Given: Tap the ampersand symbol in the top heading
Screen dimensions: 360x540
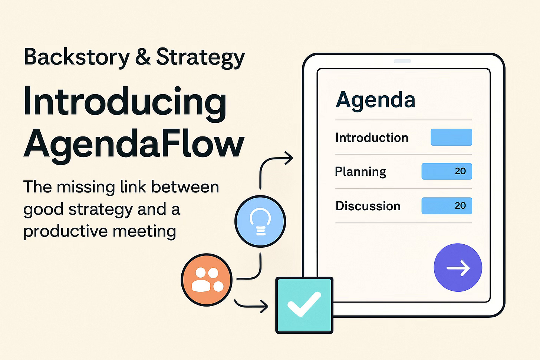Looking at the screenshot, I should click(x=143, y=57).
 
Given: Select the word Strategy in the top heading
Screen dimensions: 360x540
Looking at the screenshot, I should click(x=200, y=58).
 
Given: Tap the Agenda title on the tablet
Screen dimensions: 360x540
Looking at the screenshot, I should click(x=375, y=100).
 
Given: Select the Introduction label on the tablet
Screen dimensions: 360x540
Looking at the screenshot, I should click(x=372, y=138).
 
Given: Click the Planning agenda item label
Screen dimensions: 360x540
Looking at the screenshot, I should click(x=360, y=172).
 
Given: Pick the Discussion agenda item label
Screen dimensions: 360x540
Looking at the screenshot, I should click(x=368, y=206).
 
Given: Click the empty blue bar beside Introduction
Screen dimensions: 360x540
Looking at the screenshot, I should click(x=451, y=137).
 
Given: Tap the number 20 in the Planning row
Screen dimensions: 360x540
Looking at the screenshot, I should click(x=460, y=171).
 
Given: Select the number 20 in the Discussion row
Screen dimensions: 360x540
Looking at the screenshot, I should click(x=460, y=206).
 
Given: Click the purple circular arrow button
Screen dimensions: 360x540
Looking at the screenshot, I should click(x=458, y=267).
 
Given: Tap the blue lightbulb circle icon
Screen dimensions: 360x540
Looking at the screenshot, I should click(x=260, y=221).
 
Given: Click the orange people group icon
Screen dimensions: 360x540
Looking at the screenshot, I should click(x=207, y=280).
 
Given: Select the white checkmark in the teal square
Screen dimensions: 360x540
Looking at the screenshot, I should click(x=304, y=304).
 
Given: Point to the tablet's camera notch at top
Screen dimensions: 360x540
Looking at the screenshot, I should click(x=402, y=61).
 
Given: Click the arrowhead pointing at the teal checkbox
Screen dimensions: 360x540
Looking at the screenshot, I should click(x=264, y=306).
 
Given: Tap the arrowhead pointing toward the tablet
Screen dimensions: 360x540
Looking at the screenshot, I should click(x=289, y=158).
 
